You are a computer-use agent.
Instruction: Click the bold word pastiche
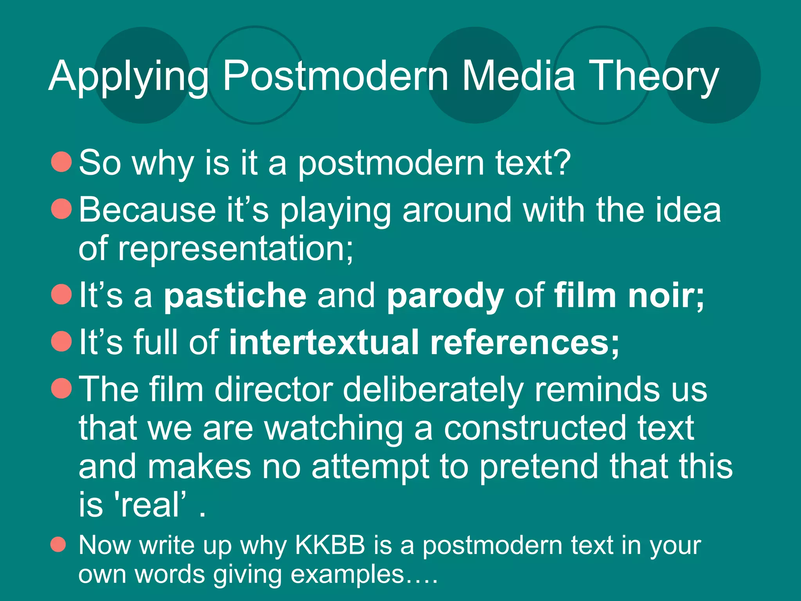coord(235,296)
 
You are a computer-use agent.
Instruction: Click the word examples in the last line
coord(347,574)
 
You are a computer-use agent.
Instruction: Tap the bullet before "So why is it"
coord(61,162)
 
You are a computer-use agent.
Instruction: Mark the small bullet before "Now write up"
coord(58,544)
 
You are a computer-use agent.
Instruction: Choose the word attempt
coord(370,467)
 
